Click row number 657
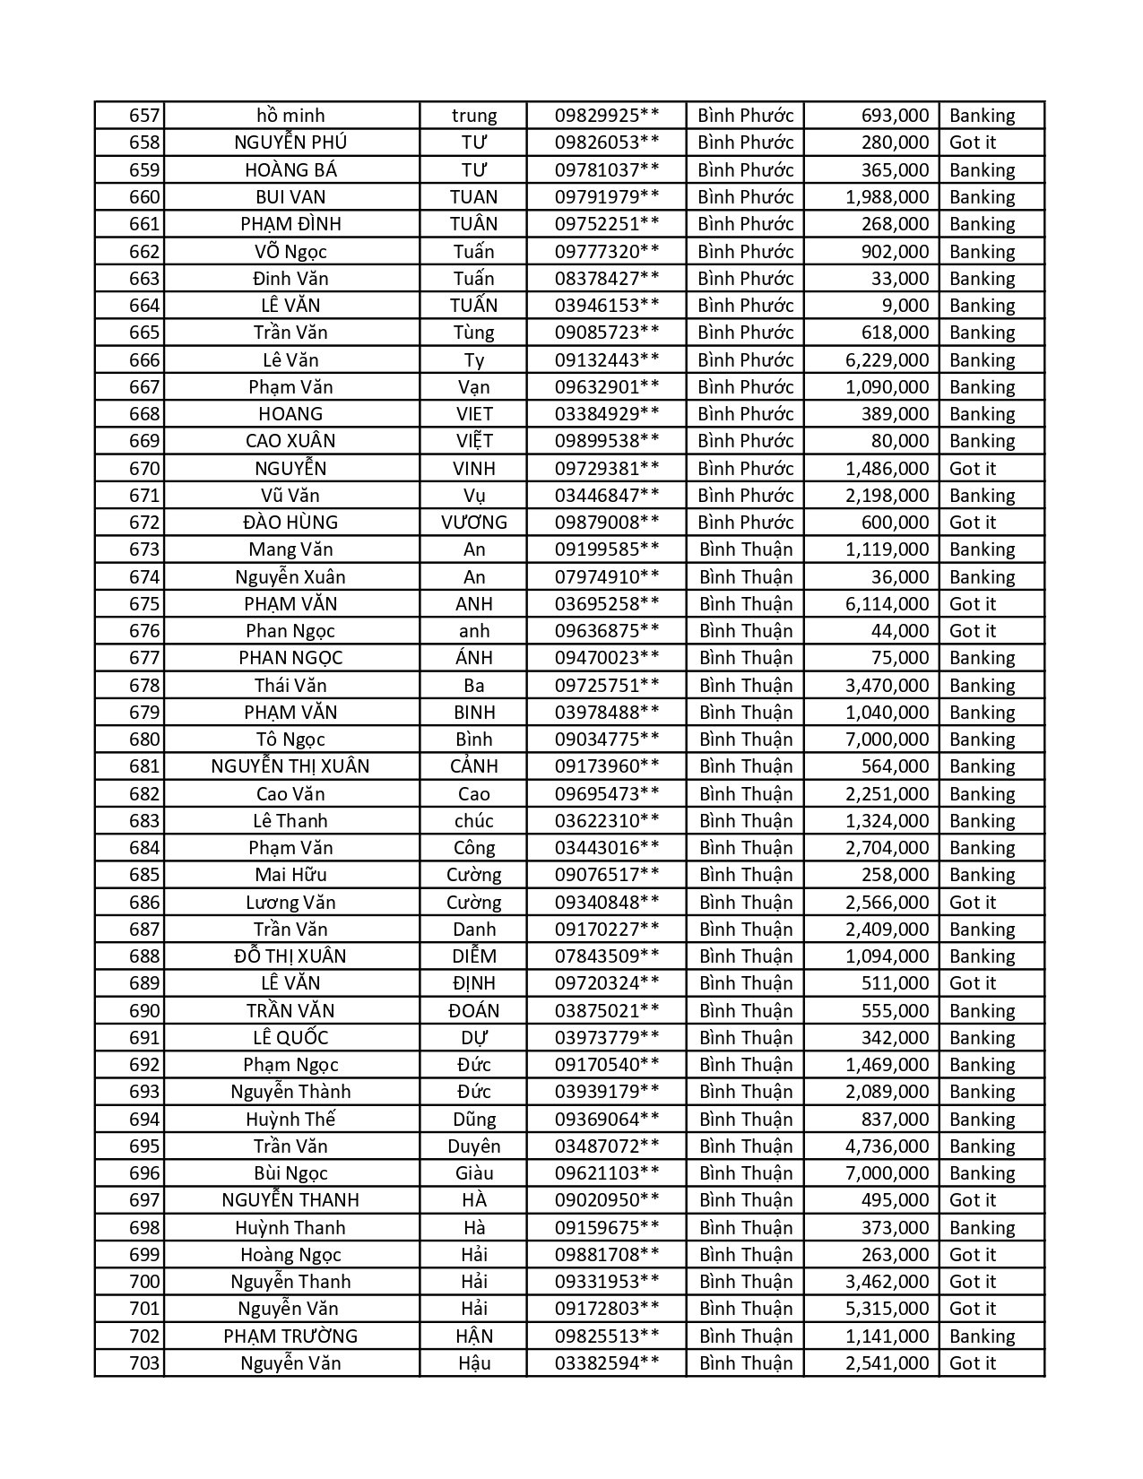tap(144, 116)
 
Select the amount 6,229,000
tap(887, 360)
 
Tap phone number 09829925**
tap(607, 116)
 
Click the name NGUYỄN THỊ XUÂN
tap(290, 766)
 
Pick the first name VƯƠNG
tap(473, 523)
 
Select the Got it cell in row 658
tap(973, 143)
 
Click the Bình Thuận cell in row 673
tap(746, 549)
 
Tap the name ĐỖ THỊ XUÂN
tap(290, 956)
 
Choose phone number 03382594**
tap(607, 1363)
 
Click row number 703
tap(144, 1363)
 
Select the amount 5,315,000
tap(887, 1309)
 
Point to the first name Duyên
tap(473, 1146)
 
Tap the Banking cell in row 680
tap(982, 739)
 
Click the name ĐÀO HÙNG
tap(290, 523)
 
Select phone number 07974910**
tap(607, 577)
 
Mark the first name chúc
tap(473, 821)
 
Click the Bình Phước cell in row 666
tap(746, 360)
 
